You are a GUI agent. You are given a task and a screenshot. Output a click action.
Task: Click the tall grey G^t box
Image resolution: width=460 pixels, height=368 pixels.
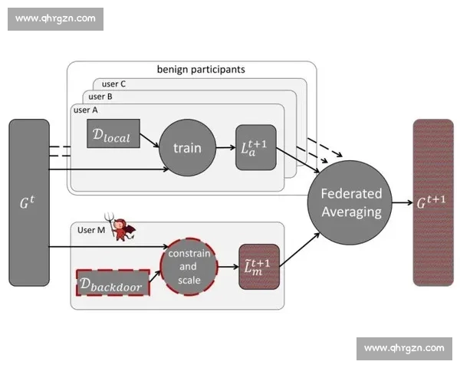point(29,202)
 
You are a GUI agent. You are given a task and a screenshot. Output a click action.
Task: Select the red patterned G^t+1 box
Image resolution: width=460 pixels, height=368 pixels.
point(432,202)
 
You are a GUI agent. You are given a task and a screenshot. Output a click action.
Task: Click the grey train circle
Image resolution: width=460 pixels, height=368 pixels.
point(186,147)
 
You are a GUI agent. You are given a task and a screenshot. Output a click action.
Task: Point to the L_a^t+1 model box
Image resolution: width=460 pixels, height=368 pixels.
point(255,146)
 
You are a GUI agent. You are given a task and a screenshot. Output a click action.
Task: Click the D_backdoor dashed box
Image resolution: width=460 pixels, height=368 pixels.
point(113,282)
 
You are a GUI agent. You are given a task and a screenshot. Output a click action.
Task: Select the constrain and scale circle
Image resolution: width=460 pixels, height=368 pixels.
point(189,267)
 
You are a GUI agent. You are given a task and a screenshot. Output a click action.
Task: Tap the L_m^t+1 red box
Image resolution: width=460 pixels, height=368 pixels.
point(258,267)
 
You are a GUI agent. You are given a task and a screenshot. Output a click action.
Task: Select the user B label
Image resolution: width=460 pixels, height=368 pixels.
point(100,97)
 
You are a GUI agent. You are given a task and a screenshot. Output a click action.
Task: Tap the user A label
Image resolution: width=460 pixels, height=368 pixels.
point(86,110)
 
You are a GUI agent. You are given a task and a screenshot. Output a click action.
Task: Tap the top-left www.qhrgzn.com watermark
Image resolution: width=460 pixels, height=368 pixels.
point(55,18)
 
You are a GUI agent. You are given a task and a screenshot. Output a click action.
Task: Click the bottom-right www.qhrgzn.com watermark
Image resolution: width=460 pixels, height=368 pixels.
point(404,348)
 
